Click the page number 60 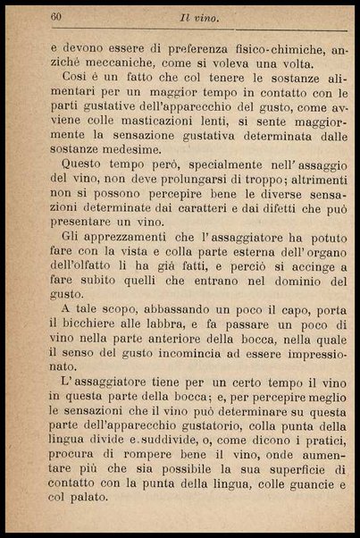coord(56,17)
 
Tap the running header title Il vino coord(193,17)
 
